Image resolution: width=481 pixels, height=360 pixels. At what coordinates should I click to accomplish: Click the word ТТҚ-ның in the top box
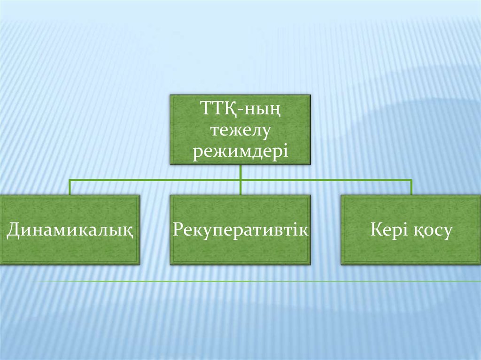point(240,109)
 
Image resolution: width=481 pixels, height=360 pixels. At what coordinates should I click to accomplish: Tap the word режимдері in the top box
point(240,152)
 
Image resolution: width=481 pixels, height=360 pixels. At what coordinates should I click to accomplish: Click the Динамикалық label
point(70,230)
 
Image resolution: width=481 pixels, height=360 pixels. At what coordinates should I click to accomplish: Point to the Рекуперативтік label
point(240,230)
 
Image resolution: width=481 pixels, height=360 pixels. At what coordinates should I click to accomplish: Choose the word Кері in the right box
point(388,230)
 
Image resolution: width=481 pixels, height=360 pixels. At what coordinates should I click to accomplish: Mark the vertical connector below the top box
point(241,180)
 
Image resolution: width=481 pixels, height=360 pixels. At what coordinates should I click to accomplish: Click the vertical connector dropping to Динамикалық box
point(70,187)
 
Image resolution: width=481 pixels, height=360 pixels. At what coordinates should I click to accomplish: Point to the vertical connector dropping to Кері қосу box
point(411,187)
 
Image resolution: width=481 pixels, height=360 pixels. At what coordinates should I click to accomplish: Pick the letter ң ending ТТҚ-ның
point(275,111)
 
